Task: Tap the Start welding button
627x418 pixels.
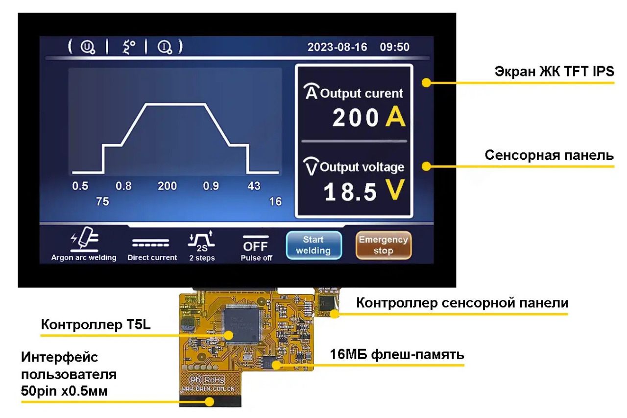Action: (313, 245)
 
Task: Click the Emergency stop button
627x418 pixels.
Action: (383, 245)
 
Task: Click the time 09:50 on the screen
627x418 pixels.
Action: (394, 48)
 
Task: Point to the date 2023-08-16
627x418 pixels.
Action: (337, 48)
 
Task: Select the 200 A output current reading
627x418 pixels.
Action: (369, 118)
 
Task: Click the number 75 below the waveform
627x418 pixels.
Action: (102, 201)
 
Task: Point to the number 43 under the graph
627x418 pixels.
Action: (254, 186)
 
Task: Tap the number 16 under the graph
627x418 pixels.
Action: (275, 201)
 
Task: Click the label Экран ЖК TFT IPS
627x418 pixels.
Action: (554, 72)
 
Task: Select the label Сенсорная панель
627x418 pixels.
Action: (549, 155)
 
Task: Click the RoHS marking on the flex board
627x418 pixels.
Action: (214, 379)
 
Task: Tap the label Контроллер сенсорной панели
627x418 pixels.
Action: (462, 303)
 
